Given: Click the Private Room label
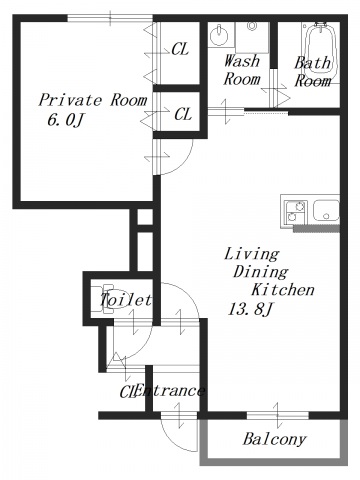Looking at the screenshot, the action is click(x=93, y=100).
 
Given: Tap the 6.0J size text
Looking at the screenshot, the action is click(x=65, y=120).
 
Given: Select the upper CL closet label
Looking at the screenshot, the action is click(x=180, y=49).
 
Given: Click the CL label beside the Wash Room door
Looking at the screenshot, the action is click(x=183, y=114).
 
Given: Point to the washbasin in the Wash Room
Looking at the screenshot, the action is click(x=219, y=34).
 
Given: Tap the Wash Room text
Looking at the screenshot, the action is click(x=242, y=70).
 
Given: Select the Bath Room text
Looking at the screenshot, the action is click(x=313, y=72).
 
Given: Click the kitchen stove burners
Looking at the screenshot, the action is click(x=296, y=212).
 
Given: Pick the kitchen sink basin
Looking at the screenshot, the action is click(x=326, y=211).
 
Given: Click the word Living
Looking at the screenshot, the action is click(x=251, y=254).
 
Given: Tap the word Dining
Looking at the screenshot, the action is click(x=260, y=272).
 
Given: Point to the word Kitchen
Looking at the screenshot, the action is click(x=283, y=289).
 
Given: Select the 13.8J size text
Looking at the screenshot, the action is click(x=250, y=309).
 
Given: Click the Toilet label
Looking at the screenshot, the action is click(x=126, y=300).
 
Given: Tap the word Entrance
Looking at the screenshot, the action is click(x=169, y=391).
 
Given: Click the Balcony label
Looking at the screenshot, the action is click(x=274, y=439).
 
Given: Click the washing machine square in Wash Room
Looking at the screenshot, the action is click(x=252, y=37).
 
